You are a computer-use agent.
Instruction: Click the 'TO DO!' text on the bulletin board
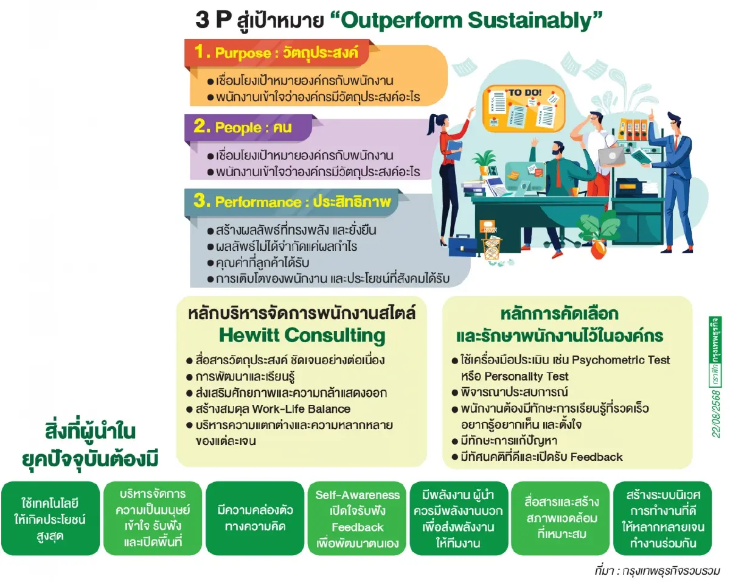click(x=525, y=93)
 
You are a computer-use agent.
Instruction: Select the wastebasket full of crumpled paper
click(x=492, y=246)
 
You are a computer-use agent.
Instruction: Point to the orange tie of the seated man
click(x=558, y=174)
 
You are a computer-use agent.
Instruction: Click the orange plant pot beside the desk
click(x=599, y=248)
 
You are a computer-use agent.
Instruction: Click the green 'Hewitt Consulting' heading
click(x=302, y=335)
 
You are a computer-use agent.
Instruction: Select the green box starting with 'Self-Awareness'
click(x=358, y=519)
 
